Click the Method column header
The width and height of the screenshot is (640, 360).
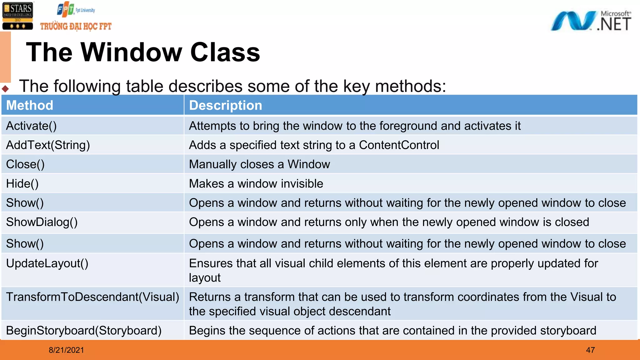[x=30, y=105]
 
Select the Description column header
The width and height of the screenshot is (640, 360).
[x=225, y=105]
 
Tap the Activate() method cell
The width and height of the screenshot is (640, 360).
[x=31, y=126]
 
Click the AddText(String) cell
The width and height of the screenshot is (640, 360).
[x=48, y=145]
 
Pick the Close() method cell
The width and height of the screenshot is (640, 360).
[x=25, y=164]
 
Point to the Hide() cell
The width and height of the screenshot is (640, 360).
[x=22, y=184]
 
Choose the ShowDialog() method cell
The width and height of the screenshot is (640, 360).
[x=42, y=222]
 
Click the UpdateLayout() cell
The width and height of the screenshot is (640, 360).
[x=47, y=263]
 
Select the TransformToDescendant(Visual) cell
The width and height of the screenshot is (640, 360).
[x=92, y=297]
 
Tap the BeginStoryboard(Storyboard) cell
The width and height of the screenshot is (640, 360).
[x=83, y=331]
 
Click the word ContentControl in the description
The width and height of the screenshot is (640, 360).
[x=399, y=145]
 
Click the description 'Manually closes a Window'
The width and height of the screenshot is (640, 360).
[x=259, y=164]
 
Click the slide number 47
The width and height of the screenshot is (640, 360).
[x=590, y=350]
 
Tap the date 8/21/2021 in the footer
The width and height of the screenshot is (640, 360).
[x=66, y=350]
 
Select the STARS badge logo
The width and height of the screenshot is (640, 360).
[x=17, y=16]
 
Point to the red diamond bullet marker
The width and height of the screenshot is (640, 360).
[x=5, y=89]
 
